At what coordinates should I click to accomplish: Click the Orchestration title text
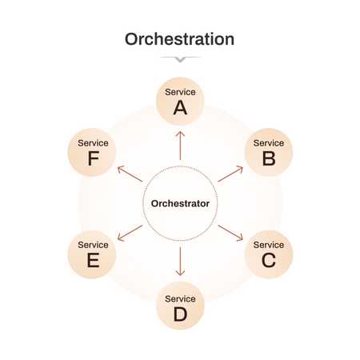[179, 39]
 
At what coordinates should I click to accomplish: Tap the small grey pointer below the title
[180, 59]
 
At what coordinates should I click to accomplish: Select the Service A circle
[180, 102]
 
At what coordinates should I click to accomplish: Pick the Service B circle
[269, 152]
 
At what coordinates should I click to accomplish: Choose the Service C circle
[269, 254]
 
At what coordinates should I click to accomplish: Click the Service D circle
[180, 306]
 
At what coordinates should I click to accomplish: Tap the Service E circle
[92, 254]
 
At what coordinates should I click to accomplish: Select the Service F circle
[92, 152]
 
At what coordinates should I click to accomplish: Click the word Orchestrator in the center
[180, 203]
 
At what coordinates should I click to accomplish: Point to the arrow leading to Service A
[180, 146]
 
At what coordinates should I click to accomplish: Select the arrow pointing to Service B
[230, 174]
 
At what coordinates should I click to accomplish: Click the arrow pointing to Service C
[230, 233]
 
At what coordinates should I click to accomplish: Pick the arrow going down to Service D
[180, 262]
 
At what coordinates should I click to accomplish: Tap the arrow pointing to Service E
[130, 233]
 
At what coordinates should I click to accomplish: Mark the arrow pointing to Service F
[130, 174]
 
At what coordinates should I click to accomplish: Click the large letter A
[180, 108]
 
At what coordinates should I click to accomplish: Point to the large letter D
[180, 314]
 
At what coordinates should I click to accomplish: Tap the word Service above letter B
[269, 143]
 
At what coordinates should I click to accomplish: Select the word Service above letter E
[93, 245]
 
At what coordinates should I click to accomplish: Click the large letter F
[94, 158]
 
